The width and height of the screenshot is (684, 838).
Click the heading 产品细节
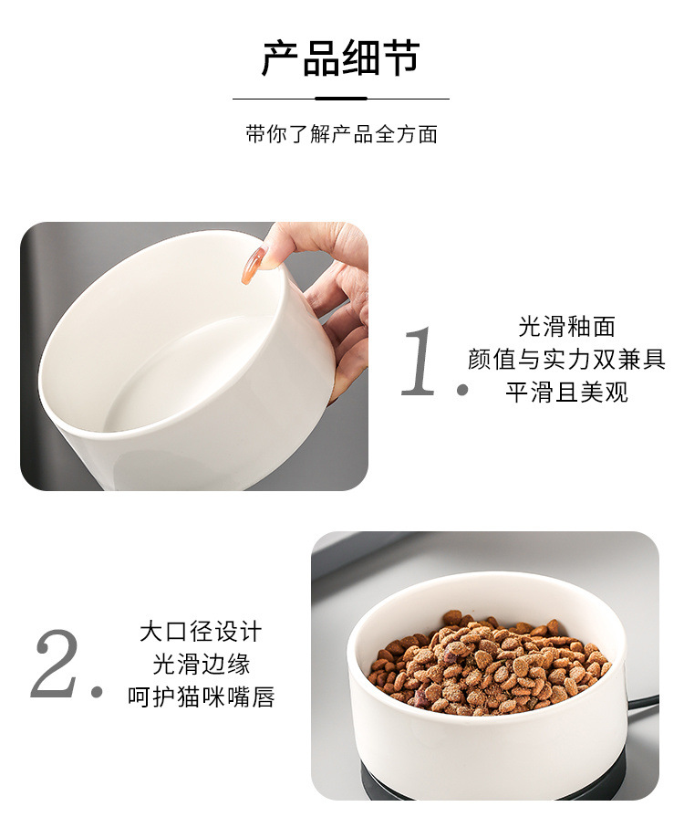(x=341, y=58)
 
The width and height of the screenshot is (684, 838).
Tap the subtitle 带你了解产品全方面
(x=341, y=134)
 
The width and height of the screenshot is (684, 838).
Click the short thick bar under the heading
(x=341, y=99)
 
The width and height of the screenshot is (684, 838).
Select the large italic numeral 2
(x=57, y=664)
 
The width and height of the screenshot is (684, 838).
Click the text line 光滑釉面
(x=566, y=326)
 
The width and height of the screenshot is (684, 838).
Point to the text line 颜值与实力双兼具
(x=566, y=359)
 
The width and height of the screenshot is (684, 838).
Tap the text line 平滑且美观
(x=566, y=393)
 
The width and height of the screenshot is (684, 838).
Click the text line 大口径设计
(x=201, y=631)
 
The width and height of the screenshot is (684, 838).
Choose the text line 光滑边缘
(x=201, y=664)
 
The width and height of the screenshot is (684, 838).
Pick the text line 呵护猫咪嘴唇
(x=201, y=697)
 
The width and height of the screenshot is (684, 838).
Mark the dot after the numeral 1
(x=462, y=391)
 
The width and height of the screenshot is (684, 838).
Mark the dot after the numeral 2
(x=97, y=693)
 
